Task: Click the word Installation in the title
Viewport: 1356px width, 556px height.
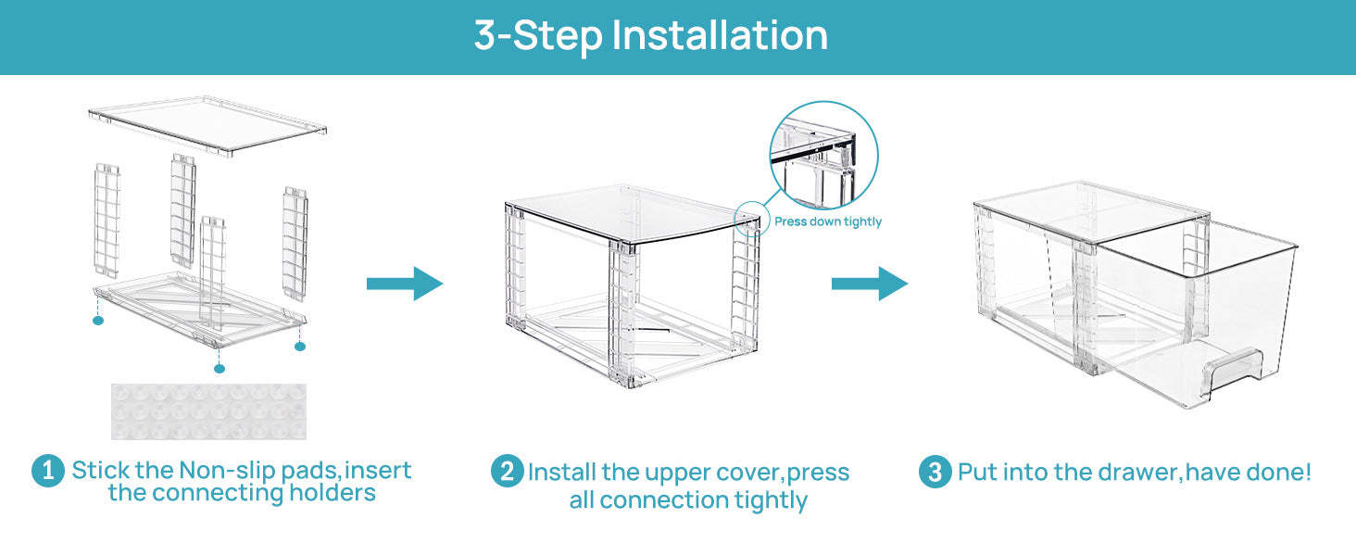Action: pos(720,35)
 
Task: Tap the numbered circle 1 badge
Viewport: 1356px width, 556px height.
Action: pos(47,470)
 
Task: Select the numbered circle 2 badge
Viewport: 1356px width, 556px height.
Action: pos(506,472)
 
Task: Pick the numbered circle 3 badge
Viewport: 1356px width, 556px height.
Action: pos(935,472)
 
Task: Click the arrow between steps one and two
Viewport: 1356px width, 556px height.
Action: pos(405,284)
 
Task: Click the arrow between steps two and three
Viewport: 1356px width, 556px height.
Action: pos(869,284)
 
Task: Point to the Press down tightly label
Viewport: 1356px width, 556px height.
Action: pos(828,221)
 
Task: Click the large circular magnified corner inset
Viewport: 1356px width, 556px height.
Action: pos(823,156)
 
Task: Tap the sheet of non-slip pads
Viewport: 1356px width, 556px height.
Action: pos(208,411)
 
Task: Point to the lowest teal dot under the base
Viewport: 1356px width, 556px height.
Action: pos(219,369)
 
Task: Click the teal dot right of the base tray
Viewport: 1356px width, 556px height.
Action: pos(299,346)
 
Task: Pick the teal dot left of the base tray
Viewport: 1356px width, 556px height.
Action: pos(98,320)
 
